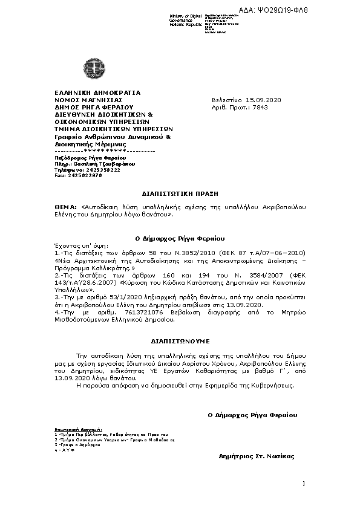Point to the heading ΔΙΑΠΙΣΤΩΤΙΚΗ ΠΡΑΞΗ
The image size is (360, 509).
[x=179, y=194]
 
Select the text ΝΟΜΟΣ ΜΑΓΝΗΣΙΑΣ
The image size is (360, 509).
[x=89, y=99]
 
